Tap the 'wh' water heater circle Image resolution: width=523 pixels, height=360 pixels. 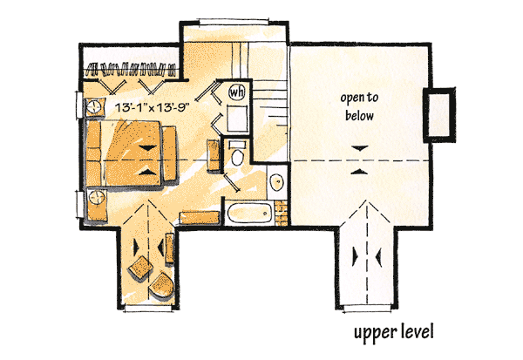click(236, 91)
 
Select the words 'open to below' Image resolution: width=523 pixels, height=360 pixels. click(357, 106)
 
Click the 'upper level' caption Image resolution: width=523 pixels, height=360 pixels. click(392, 333)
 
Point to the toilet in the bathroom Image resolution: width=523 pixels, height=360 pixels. click(237, 158)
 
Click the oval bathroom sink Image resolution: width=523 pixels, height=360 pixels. click(276, 182)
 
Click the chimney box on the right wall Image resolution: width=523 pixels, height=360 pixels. click(438, 113)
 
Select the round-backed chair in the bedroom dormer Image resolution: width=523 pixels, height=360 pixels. click(160, 283)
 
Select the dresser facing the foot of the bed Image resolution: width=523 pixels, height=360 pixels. click(213, 148)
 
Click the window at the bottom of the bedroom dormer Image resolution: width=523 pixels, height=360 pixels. click(150, 307)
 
